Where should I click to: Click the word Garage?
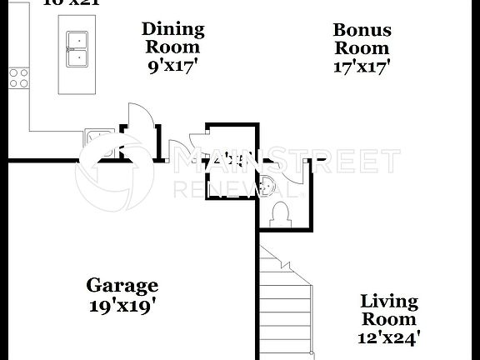pos(122,286)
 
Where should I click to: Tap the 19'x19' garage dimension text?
pos(122,305)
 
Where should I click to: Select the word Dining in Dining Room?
pos(172,29)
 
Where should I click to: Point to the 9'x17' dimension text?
pos(172,66)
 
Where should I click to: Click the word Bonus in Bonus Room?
pos(362,30)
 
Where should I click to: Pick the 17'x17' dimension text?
pos(362,67)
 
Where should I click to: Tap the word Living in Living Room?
pos(389,301)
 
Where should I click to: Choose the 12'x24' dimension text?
pos(389,337)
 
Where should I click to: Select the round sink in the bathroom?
pos(268,186)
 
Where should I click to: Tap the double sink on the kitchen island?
pos(76,48)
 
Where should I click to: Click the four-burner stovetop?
pos(17,77)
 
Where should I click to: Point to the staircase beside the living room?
pos(286,300)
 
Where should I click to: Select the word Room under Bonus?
pos(362,48)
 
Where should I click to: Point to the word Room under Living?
pos(389,319)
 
